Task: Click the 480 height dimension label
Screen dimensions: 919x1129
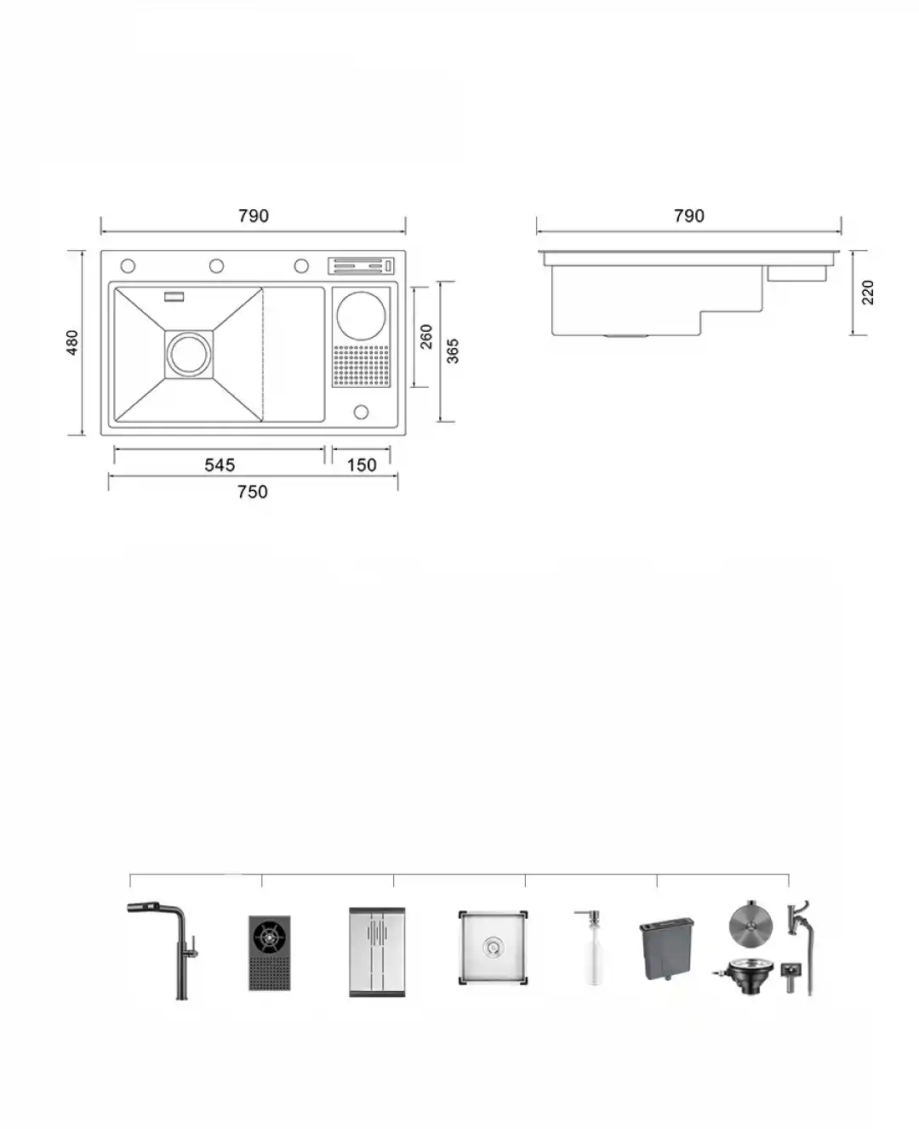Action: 72,342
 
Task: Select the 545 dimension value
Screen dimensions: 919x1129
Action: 220,465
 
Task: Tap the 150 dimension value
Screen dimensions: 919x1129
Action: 362,465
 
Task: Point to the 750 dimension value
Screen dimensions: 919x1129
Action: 252,492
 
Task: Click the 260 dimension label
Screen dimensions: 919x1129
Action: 426,337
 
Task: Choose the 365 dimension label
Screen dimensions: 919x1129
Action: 452,351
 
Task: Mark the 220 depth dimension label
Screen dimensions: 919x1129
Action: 868,293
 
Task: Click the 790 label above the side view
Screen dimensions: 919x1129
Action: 689,216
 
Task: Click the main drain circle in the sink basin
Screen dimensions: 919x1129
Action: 189,355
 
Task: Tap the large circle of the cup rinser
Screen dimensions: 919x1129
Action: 361,316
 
